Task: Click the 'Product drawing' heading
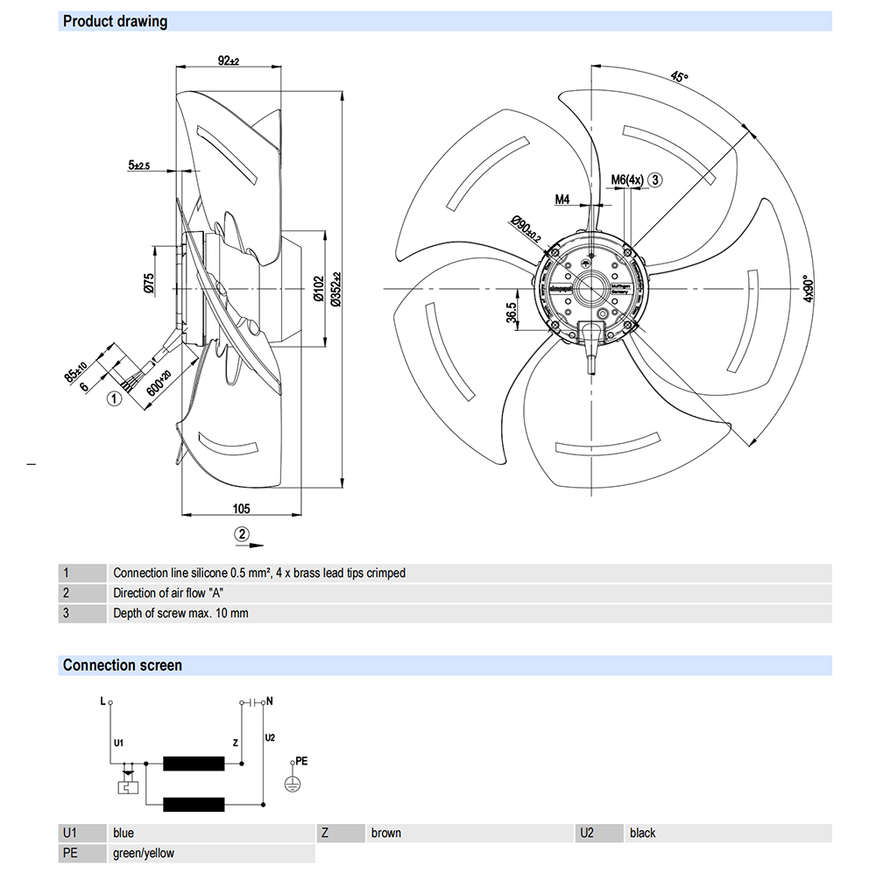pos(115,21)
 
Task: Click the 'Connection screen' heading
pos(123,665)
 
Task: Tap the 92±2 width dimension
pos(228,60)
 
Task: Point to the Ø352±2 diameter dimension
pos(336,288)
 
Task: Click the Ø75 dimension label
pos(149,283)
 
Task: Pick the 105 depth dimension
pos(241,508)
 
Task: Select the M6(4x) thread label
pos(627,180)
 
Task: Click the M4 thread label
pos(562,200)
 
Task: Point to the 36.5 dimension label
pos(510,313)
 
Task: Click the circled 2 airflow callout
pos(241,533)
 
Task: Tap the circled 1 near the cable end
pos(113,399)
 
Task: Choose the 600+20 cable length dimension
pos(159,383)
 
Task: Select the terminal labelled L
pos(109,702)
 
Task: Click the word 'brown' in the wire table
pos(385,833)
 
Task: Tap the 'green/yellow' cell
pos(144,853)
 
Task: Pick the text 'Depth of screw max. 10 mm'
pos(180,613)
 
